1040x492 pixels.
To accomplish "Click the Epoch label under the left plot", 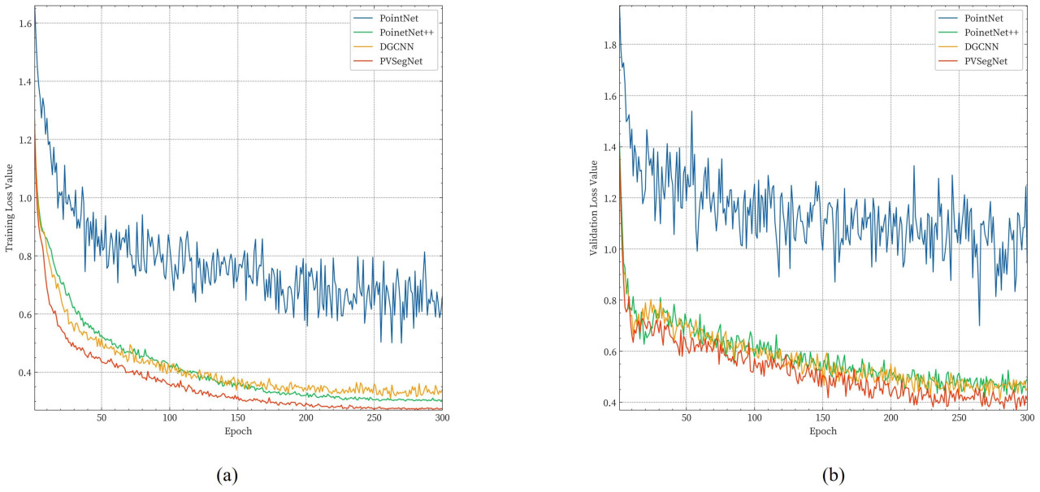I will (x=238, y=431).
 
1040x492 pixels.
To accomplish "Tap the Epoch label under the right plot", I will (x=822, y=431).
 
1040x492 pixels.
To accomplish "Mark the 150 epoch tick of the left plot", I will (x=238, y=418).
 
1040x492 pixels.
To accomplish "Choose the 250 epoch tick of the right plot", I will (x=959, y=418).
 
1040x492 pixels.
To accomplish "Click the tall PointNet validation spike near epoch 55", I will (x=691, y=112).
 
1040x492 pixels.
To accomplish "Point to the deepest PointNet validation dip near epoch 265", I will (x=979, y=325).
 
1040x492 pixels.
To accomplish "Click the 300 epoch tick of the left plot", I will (x=442, y=418).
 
